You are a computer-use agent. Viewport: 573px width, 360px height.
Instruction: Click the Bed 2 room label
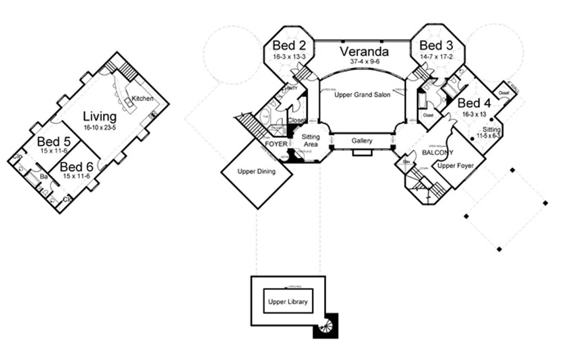pos(289,45)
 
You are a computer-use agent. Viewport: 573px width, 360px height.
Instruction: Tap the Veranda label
pos(364,51)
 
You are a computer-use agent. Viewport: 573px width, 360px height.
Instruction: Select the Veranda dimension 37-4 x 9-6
pos(364,62)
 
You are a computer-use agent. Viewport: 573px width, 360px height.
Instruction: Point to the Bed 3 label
pos(436,45)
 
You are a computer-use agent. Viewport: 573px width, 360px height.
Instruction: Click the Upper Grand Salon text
pos(362,95)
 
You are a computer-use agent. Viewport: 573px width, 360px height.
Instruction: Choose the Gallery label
pos(362,141)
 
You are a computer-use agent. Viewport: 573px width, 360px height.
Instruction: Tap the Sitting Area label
pos(310,140)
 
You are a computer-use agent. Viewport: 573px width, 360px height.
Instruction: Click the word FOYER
pos(276,144)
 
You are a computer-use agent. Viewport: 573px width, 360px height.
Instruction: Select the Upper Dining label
pos(256,171)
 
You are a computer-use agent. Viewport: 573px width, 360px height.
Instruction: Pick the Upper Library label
pos(288,302)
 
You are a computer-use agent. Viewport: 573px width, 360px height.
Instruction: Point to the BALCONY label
pos(438,153)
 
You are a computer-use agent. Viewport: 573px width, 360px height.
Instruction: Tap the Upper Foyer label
pos(455,166)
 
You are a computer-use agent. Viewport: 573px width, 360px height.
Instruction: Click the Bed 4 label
pos(474,103)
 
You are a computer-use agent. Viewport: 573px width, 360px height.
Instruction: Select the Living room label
pos(100,116)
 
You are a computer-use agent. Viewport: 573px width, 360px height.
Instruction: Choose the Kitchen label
pos(143,98)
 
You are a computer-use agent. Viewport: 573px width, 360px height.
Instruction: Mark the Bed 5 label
pos(54,141)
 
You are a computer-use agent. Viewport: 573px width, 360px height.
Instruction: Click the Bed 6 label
pos(76,167)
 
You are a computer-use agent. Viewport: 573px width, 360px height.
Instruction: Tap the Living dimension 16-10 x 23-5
pos(100,127)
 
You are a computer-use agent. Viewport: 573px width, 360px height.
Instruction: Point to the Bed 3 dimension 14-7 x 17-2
pos(436,57)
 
